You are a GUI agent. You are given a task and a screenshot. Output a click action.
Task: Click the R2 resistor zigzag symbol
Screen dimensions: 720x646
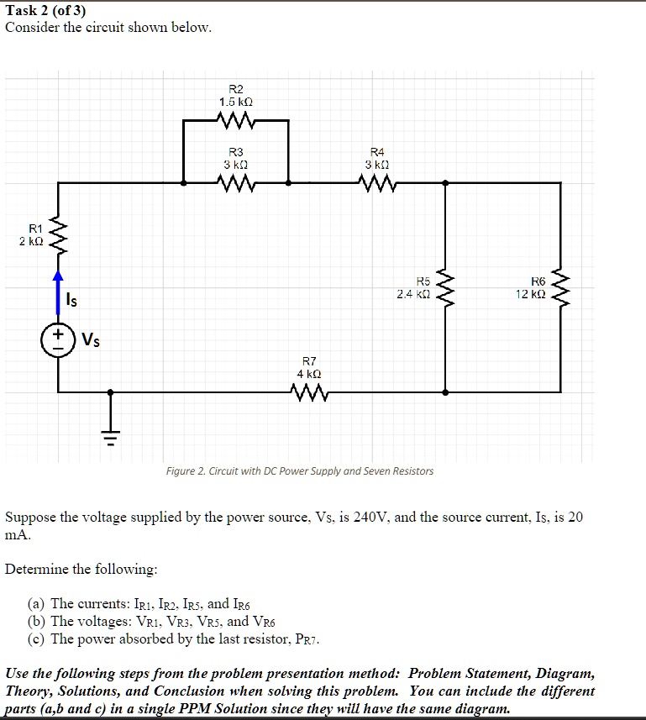(x=235, y=122)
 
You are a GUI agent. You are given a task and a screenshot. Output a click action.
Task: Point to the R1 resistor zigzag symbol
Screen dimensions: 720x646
(x=58, y=235)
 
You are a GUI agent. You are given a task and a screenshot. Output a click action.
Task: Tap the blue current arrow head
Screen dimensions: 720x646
(x=58, y=275)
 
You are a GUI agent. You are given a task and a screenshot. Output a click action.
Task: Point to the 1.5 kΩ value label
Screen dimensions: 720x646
(x=235, y=102)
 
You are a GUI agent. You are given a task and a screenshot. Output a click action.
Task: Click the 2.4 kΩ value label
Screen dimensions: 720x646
(x=413, y=295)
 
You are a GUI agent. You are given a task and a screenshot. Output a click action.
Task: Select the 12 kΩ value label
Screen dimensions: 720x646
(x=532, y=295)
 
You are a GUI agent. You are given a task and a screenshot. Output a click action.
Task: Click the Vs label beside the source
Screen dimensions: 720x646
(x=90, y=340)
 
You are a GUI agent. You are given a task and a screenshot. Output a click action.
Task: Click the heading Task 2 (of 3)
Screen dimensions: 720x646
(x=45, y=11)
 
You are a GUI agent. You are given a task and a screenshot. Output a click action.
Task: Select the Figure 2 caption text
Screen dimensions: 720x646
(x=299, y=471)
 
